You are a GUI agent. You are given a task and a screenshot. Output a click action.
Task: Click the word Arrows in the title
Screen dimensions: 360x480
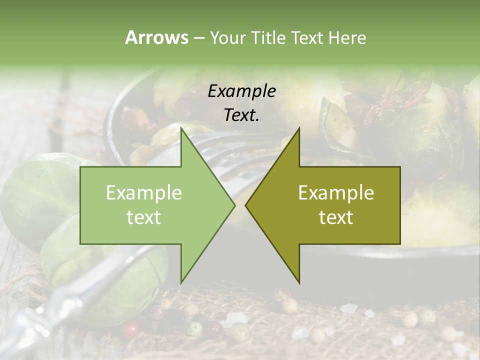tap(156, 37)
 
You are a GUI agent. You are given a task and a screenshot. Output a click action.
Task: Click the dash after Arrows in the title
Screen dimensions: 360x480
tap(198, 38)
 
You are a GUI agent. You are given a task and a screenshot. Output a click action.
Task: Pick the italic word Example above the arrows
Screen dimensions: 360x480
tap(241, 91)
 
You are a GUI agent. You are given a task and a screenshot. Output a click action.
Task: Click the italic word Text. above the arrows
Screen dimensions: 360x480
tap(241, 115)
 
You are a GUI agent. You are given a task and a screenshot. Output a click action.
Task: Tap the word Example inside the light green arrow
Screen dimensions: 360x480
tap(143, 193)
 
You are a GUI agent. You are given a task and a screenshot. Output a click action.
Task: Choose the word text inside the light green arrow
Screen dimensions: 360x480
tap(143, 217)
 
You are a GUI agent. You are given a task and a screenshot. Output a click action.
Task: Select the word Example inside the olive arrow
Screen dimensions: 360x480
tap(336, 193)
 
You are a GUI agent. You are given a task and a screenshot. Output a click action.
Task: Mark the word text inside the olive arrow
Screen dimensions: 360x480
tap(336, 217)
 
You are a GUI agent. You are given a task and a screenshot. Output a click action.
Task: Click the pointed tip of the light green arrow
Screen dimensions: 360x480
tap(234, 205)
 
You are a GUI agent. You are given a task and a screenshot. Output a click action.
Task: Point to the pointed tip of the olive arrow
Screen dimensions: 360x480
tap(246, 205)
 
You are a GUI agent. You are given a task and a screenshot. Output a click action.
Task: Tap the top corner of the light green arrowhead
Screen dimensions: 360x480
tap(181, 128)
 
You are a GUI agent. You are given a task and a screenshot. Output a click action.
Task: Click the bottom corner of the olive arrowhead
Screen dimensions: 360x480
tap(299, 282)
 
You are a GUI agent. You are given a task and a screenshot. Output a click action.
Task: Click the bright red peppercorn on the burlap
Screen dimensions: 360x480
tap(131, 329)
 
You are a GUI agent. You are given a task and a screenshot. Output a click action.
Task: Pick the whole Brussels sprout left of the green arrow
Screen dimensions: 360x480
tap(35, 195)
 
